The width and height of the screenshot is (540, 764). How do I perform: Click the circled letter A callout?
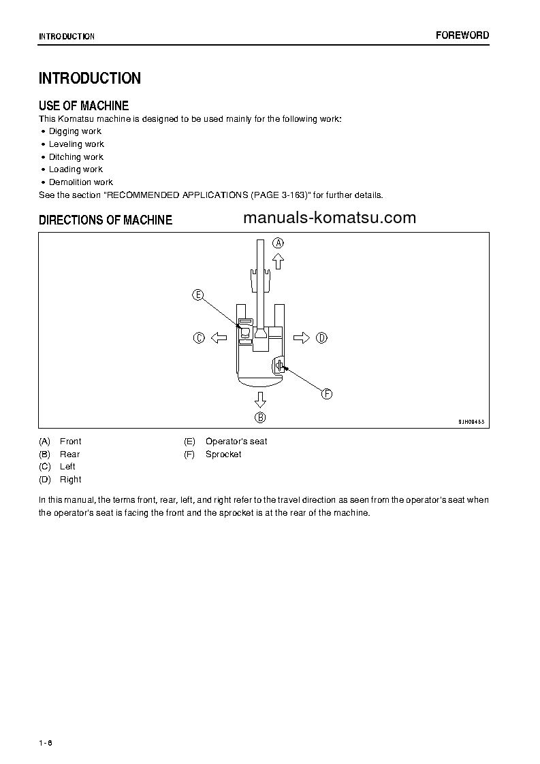(x=278, y=242)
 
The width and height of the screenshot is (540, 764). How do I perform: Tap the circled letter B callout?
(x=260, y=417)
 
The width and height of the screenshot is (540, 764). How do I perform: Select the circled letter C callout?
(x=199, y=337)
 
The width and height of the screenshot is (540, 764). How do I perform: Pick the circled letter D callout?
(x=321, y=337)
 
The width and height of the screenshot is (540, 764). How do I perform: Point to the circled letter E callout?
(x=197, y=295)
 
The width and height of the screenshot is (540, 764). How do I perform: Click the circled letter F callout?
(x=326, y=394)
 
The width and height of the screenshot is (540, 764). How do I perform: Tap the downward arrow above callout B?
(x=260, y=399)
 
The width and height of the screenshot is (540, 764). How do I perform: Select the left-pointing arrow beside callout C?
(x=218, y=337)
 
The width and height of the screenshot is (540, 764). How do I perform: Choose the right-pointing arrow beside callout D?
(x=302, y=337)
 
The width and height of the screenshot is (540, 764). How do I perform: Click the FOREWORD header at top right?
(x=462, y=35)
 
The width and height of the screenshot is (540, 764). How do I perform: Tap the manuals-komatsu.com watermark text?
(x=329, y=218)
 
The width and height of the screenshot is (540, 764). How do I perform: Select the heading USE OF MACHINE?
(x=84, y=105)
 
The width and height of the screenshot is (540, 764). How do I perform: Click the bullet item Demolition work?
(x=80, y=182)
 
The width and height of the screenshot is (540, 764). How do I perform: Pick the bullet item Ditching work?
(x=76, y=157)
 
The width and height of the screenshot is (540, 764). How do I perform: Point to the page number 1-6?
(x=46, y=742)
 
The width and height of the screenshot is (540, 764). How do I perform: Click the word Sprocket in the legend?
(x=223, y=454)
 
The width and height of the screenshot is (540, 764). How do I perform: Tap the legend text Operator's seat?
(x=236, y=442)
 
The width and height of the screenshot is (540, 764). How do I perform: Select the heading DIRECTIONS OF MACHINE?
(x=106, y=220)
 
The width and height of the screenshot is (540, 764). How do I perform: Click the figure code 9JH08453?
(x=472, y=422)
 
